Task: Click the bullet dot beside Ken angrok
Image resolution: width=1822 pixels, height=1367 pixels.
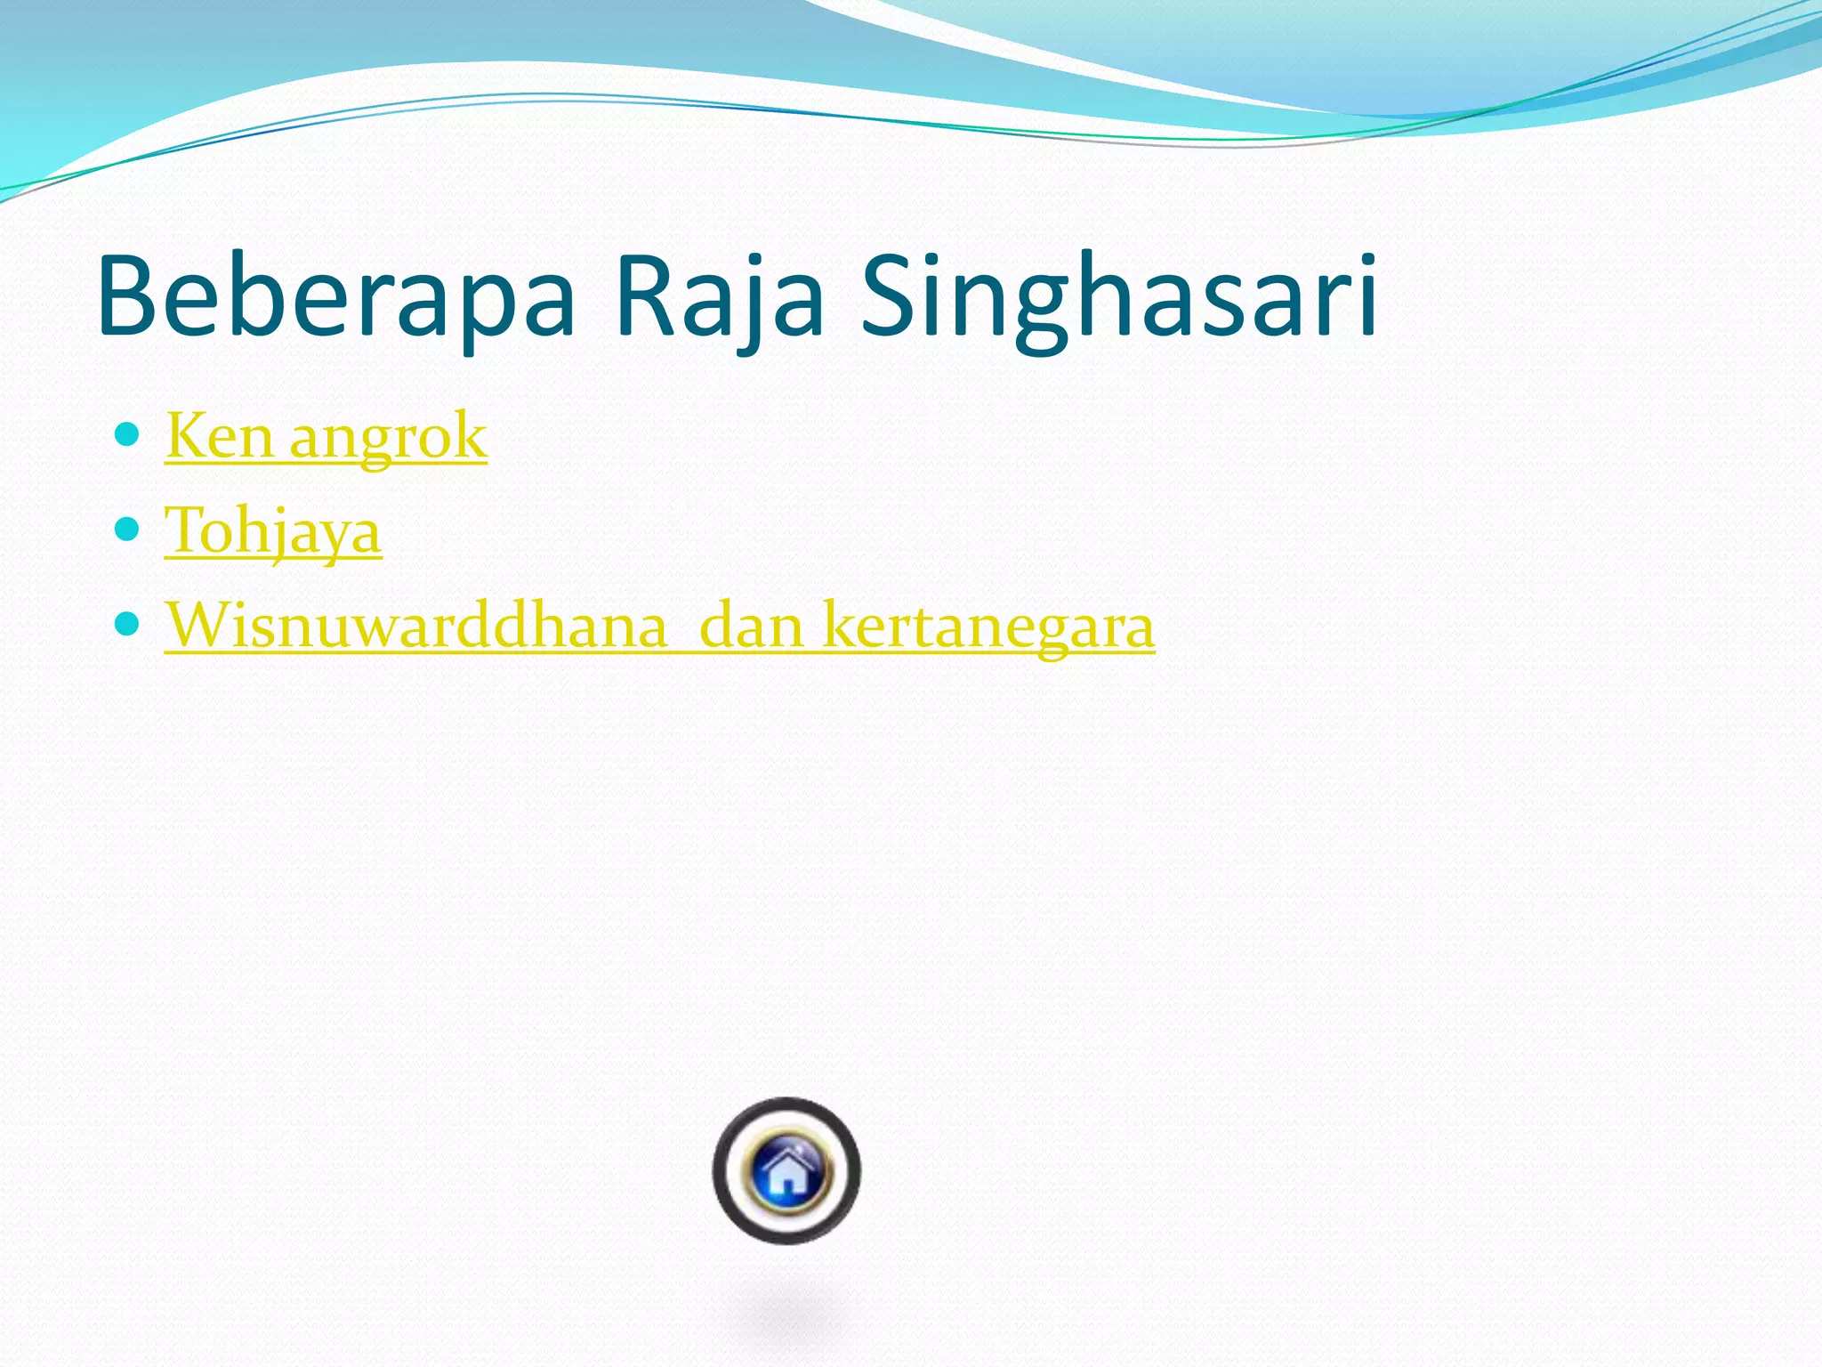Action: click(128, 434)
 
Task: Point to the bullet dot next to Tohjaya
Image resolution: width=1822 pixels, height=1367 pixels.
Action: click(128, 530)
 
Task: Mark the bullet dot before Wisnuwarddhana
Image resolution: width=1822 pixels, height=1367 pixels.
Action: click(128, 624)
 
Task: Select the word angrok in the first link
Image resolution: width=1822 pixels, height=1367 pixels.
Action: click(389, 438)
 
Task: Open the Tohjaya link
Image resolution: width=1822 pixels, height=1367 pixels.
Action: click(273, 531)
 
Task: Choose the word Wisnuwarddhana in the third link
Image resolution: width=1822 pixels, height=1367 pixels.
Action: click(416, 625)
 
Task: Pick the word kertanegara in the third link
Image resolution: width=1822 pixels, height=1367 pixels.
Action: click(989, 627)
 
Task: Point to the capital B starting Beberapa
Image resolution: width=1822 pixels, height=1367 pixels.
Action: click(128, 296)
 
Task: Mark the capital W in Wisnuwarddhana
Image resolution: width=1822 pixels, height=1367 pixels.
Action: click(201, 625)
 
